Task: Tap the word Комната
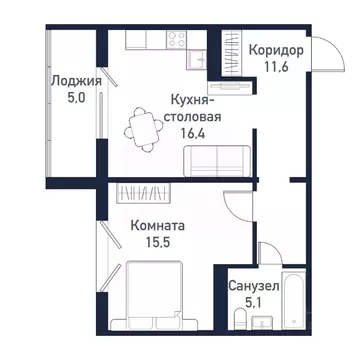[x=159, y=226]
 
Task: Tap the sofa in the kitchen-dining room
[x=218, y=158]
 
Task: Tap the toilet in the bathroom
[x=240, y=319]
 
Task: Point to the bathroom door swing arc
[x=236, y=255]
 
